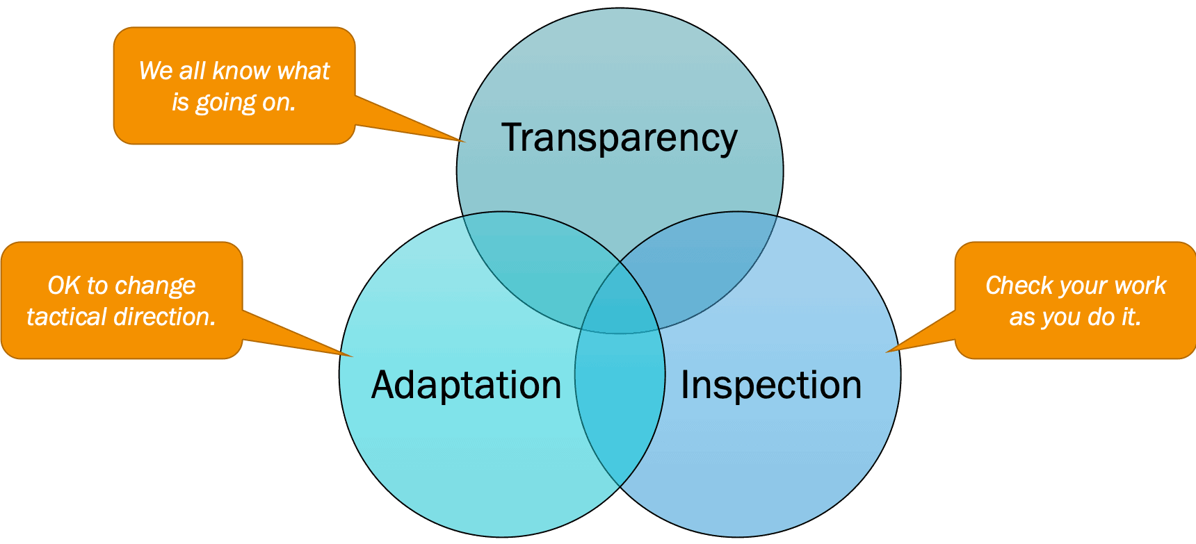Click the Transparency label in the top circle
(x=619, y=138)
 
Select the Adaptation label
(x=466, y=385)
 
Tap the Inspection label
(x=771, y=385)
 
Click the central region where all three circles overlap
(x=620, y=299)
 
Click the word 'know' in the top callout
(x=241, y=71)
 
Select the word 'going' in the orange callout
(x=226, y=103)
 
